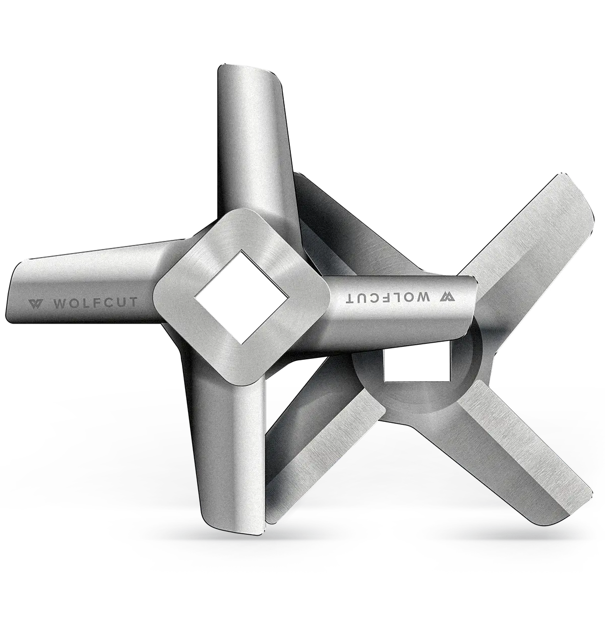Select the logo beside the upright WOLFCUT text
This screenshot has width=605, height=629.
click(35, 303)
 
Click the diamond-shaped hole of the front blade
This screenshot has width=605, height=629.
click(242, 297)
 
